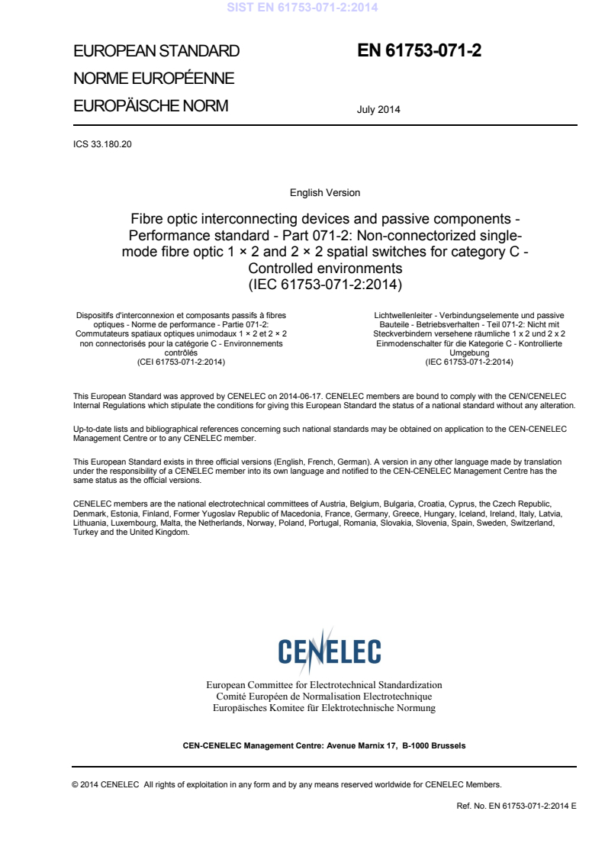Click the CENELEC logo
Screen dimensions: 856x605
tap(330, 651)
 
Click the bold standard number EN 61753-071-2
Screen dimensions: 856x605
tap(420, 51)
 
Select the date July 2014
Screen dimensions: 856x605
tap(378, 109)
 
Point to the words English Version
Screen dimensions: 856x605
tap(325, 193)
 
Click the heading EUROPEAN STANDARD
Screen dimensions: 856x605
tap(156, 52)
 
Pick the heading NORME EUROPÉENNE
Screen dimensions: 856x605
tap(153, 79)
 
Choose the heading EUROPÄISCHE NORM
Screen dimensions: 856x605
tap(150, 106)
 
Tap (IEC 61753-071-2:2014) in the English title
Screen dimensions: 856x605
tap(325, 285)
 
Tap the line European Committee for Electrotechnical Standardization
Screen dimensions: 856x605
tap(324, 685)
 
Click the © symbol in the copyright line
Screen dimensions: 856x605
tap(75, 784)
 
